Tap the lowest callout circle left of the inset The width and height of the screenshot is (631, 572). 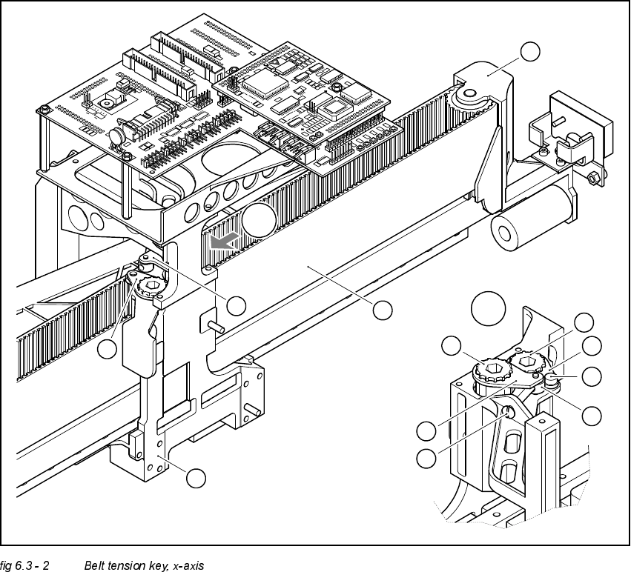coord(426,458)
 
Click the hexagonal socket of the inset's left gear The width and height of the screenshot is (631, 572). coord(491,368)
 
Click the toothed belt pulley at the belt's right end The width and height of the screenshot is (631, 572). coord(466,94)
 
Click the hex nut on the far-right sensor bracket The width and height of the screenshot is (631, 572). coord(592,179)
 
